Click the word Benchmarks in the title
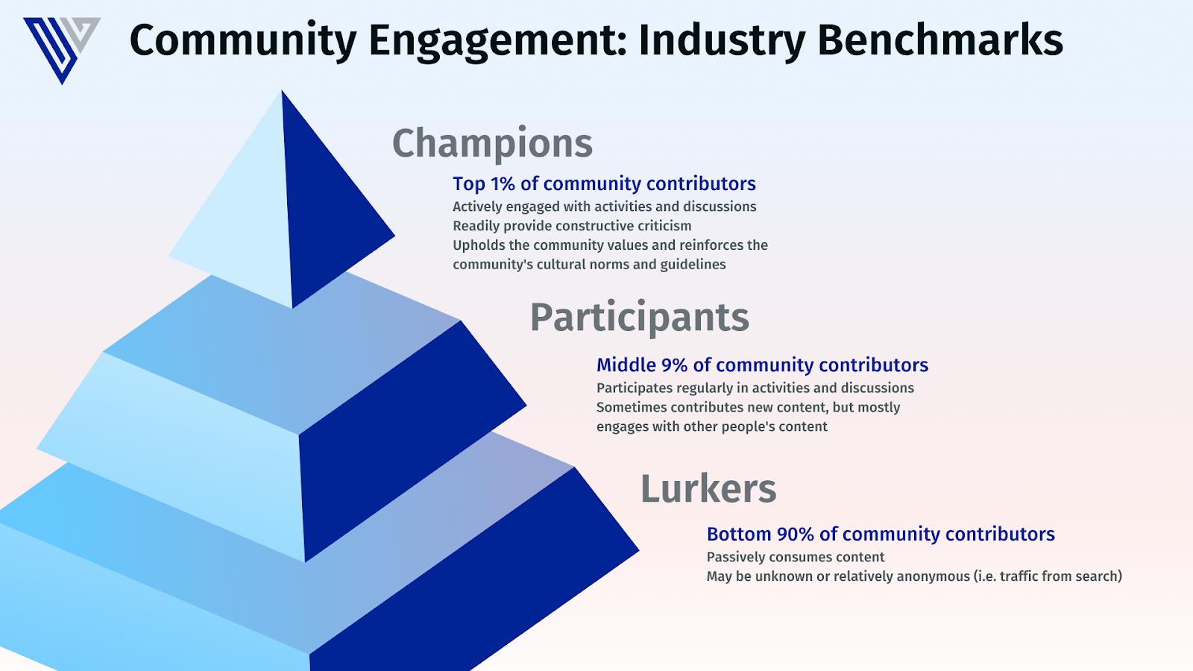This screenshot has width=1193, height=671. (x=940, y=40)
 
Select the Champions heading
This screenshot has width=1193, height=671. (x=493, y=143)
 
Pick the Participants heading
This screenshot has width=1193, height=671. (x=640, y=318)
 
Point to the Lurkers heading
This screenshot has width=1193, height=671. (x=708, y=488)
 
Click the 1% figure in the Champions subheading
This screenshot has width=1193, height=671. (x=503, y=183)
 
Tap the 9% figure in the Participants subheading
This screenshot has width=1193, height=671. (x=674, y=365)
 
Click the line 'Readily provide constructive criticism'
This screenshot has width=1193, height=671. (x=572, y=226)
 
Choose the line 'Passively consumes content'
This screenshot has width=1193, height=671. (x=795, y=557)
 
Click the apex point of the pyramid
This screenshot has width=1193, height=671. (x=282, y=90)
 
